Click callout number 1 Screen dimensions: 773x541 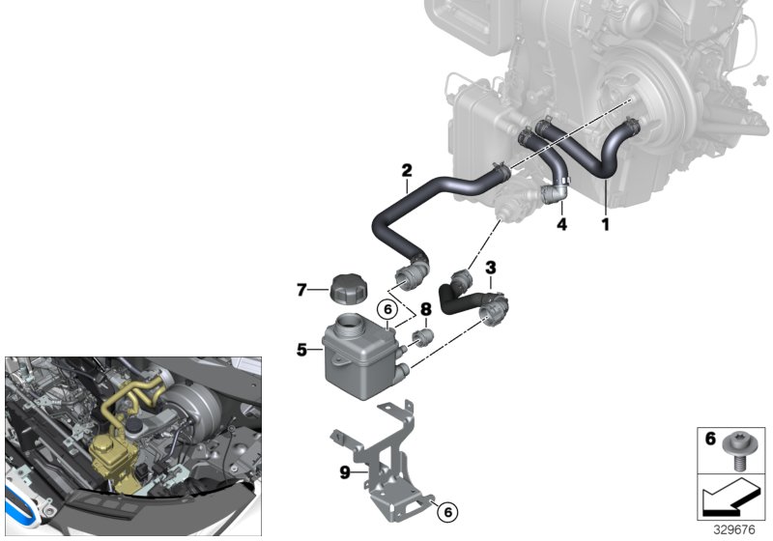click(x=606, y=224)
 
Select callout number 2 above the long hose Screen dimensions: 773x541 click(x=407, y=170)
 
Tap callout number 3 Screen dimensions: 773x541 click(x=491, y=268)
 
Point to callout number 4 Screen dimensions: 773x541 click(x=562, y=224)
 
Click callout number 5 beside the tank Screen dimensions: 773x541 click(x=301, y=350)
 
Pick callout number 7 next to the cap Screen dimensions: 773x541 click(x=301, y=289)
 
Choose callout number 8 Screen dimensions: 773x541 click(x=426, y=309)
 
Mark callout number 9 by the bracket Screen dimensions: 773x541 click(x=345, y=472)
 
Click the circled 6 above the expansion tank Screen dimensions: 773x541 click(x=387, y=309)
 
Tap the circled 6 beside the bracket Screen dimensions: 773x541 click(x=447, y=512)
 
